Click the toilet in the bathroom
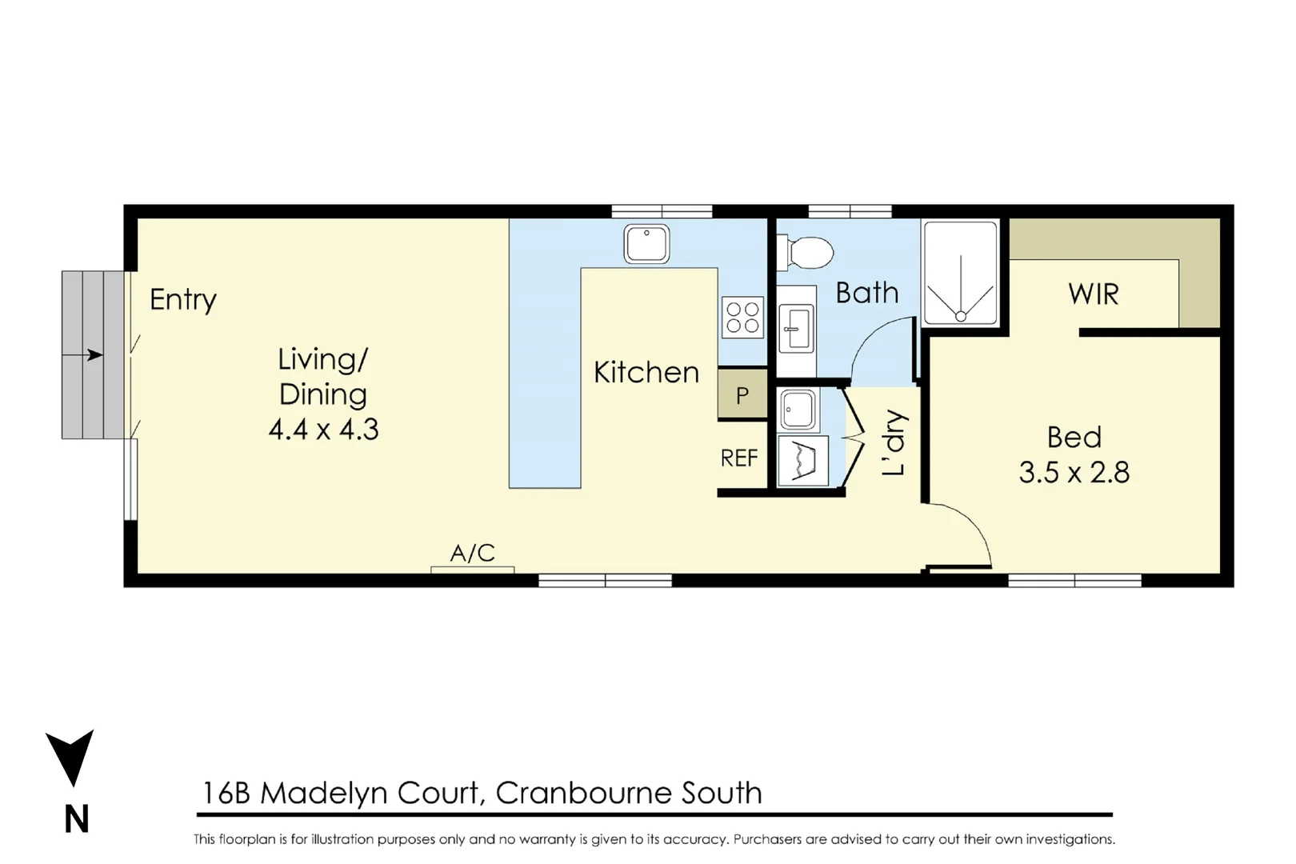click(806, 253)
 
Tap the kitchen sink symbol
click(646, 243)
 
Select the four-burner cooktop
click(742, 317)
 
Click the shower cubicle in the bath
click(960, 274)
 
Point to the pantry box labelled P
click(742, 394)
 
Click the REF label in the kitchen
click(738, 458)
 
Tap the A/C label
click(472, 553)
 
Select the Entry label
click(183, 300)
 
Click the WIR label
click(1093, 294)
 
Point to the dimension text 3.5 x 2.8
click(1074, 473)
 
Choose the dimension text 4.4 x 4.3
click(323, 430)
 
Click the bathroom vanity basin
click(797, 328)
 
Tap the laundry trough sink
click(797, 410)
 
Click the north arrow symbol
click(70, 756)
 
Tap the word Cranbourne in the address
click(583, 794)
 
